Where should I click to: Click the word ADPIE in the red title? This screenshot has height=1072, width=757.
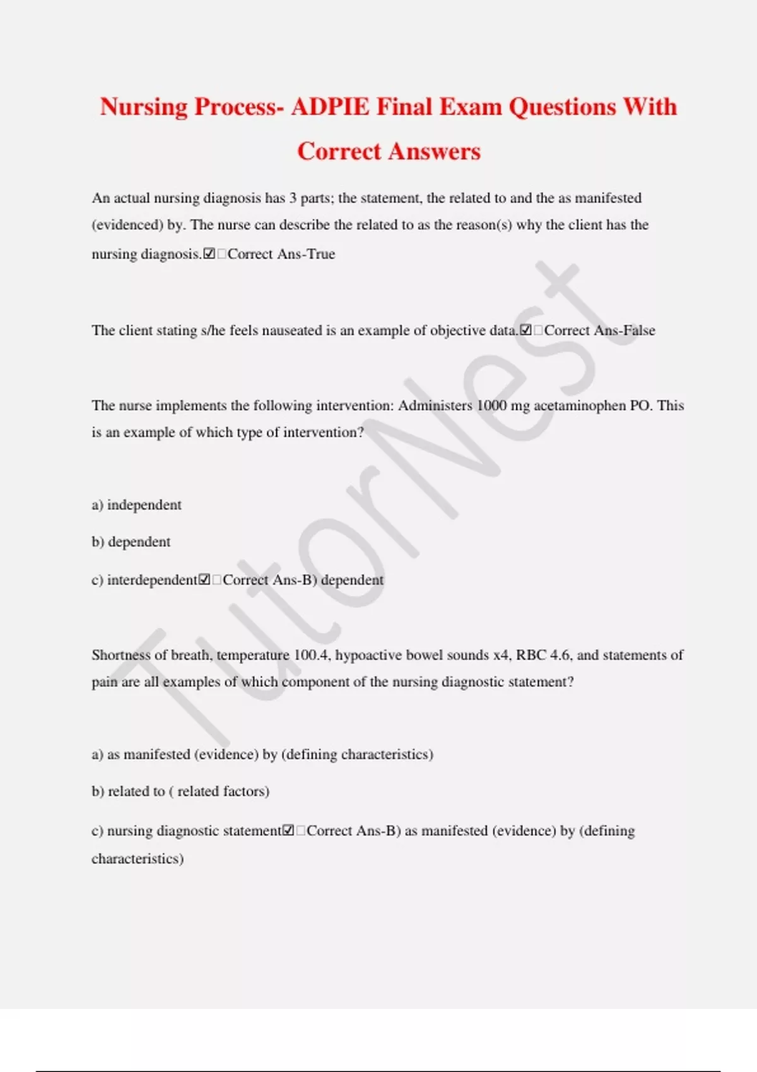pyautogui.click(x=329, y=107)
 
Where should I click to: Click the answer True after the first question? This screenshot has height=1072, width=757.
pyautogui.click(x=321, y=254)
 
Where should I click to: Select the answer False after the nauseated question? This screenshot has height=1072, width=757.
pyautogui.click(x=639, y=330)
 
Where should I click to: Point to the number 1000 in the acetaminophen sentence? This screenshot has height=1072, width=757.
pyautogui.click(x=491, y=405)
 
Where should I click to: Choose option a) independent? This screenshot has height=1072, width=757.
pyautogui.click(x=137, y=505)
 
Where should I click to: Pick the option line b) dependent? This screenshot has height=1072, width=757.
pyautogui.click(x=131, y=542)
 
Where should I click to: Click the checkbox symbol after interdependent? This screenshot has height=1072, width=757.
pyautogui.click(x=204, y=580)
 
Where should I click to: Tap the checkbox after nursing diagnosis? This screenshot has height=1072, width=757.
pyautogui.click(x=209, y=254)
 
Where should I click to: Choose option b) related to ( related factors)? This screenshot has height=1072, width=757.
pyautogui.click(x=180, y=791)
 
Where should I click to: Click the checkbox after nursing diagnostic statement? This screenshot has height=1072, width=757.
pyautogui.click(x=288, y=831)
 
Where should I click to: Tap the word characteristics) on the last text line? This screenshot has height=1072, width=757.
pyautogui.click(x=138, y=859)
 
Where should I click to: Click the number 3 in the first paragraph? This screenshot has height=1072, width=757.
pyautogui.click(x=293, y=198)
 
